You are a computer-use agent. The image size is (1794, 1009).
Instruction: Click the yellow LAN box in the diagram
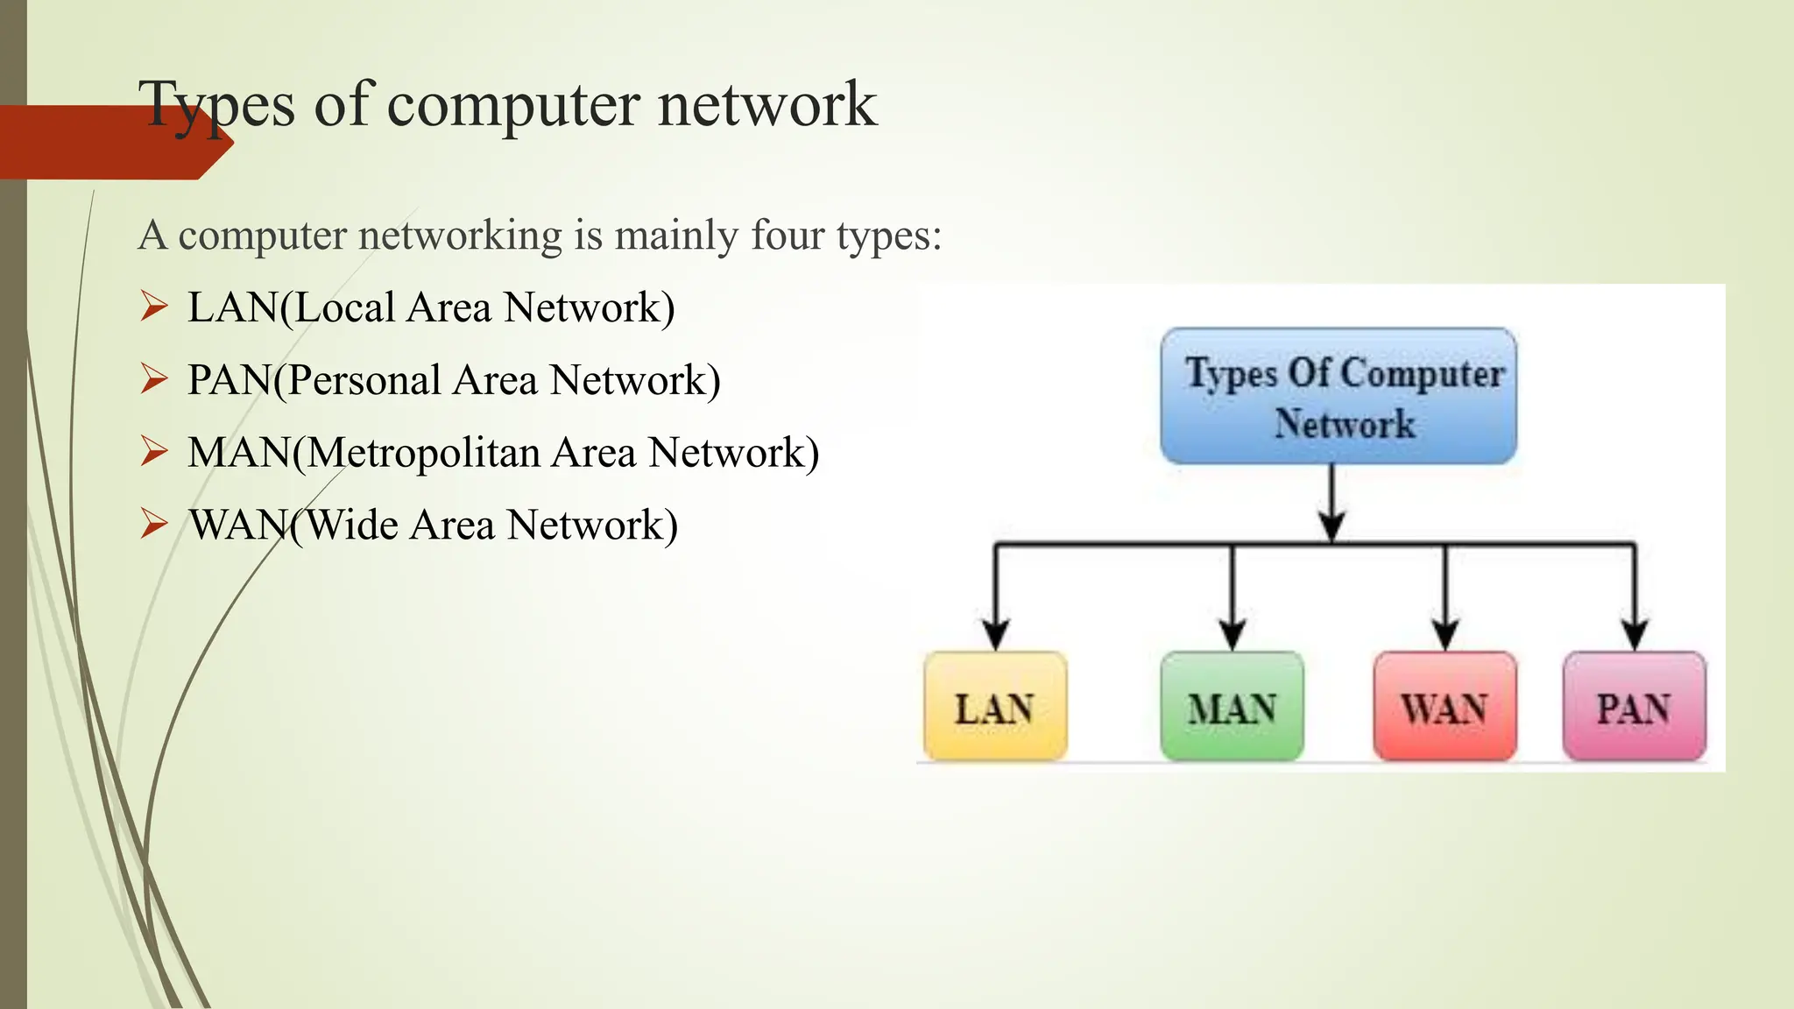tap(995, 706)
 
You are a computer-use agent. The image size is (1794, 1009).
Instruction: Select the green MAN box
tap(1232, 706)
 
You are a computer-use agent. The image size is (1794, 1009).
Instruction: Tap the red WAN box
tap(1444, 706)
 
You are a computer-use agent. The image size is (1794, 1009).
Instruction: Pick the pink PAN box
tap(1634, 706)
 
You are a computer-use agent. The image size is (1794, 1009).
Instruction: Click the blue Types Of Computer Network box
tap(1338, 397)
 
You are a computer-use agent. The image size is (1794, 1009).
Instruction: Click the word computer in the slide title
tap(513, 104)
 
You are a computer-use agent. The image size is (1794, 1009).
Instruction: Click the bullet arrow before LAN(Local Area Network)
tap(154, 307)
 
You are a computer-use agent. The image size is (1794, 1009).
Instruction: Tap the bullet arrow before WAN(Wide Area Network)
tap(154, 524)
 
